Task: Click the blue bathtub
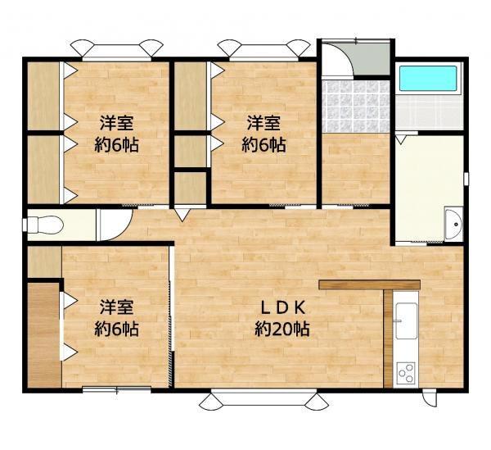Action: point(430,79)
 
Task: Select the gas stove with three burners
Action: point(407,373)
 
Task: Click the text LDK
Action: point(282,309)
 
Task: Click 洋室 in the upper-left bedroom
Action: point(117,124)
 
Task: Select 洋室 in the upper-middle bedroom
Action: point(264,124)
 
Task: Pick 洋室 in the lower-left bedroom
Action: point(116,308)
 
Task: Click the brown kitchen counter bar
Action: point(369,284)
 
